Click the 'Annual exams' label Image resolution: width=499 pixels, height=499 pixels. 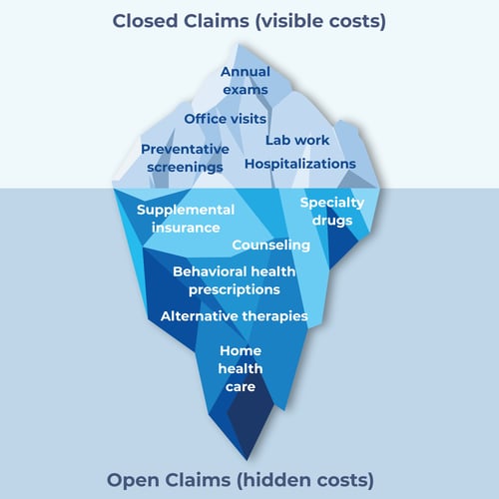tap(245, 81)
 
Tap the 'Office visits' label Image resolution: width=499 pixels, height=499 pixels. tap(225, 119)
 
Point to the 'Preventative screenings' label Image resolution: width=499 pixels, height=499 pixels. tap(185, 158)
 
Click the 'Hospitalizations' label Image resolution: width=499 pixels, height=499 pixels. tap(299, 164)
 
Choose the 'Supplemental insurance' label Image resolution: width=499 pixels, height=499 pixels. tap(186, 219)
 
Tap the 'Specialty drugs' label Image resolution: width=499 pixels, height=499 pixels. tap(332, 211)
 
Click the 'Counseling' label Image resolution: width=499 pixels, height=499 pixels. tap(271, 246)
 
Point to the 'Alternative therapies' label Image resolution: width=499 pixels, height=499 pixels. tap(234, 316)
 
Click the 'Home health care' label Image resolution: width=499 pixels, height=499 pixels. tap(240, 368)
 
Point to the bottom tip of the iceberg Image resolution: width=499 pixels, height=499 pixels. tap(249, 461)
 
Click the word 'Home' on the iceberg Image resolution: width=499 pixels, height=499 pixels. tap(240, 350)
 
